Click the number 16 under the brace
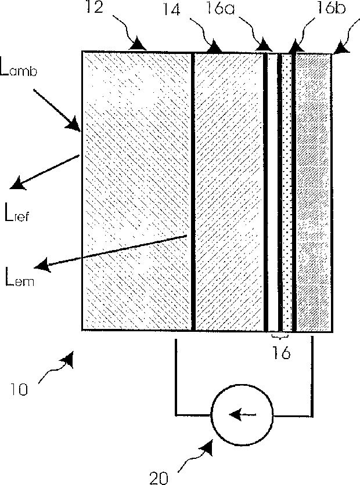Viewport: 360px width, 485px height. pyautogui.click(x=281, y=352)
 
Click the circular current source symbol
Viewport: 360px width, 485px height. pyautogui.click(x=239, y=414)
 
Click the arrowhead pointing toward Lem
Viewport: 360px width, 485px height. pyautogui.click(x=42, y=266)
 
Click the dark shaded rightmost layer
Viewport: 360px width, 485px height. pyautogui.click(x=314, y=191)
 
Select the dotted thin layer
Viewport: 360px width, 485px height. pyautogui.click(x=286, y=191)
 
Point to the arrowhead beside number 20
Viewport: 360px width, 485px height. pyautogui.click(x=207, y=448)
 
